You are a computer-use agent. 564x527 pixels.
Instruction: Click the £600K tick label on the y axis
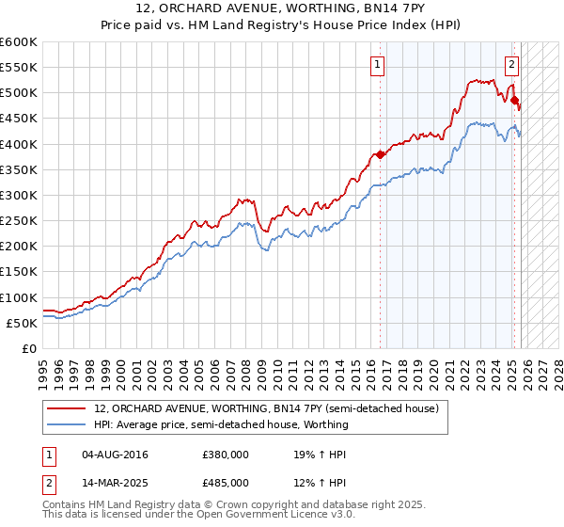[19, 42]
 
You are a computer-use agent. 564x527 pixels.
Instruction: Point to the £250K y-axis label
[19, 220]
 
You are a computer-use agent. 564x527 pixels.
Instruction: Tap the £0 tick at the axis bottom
[29, 348]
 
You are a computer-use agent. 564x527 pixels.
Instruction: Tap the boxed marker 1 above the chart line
[377, 65]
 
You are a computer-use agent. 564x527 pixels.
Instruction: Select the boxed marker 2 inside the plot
[511, 65]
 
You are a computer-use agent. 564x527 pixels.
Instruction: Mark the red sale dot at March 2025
[514, 101]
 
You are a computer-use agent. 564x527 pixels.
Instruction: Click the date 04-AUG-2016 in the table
[115, 455]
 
